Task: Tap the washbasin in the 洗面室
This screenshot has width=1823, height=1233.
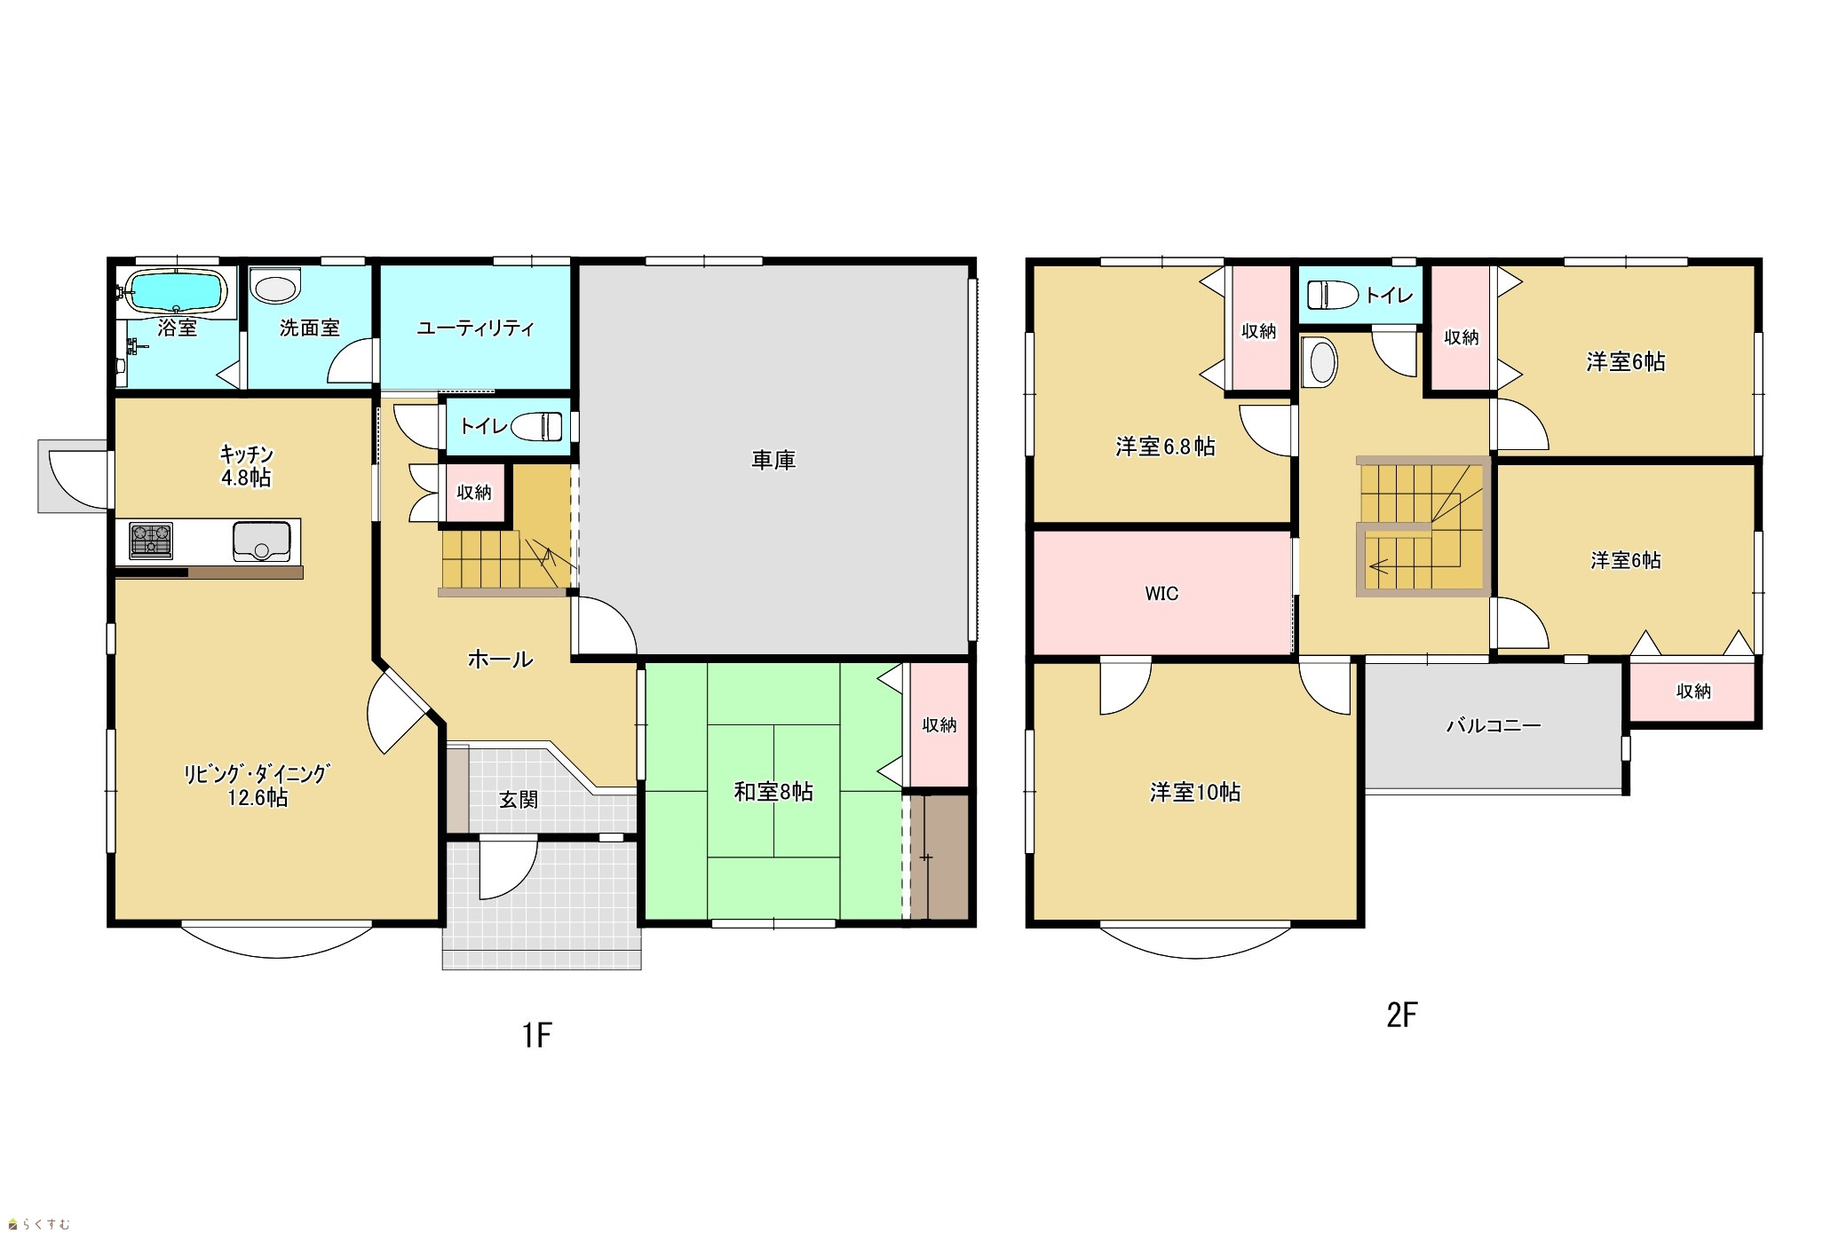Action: coord(275,288)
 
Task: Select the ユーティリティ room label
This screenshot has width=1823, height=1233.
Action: coord(475,328)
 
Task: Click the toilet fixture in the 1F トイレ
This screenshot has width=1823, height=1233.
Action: coord(536,427)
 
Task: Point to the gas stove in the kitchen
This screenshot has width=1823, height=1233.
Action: coord(151,541)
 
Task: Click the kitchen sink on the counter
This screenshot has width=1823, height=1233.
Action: coord(261,541)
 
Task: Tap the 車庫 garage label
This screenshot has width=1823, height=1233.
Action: coord(773,460)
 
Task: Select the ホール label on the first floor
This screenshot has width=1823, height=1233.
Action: coord(500,659)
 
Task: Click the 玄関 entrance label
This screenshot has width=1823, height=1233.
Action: coord(519,800)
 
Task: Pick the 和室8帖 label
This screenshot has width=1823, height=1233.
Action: coord(773,792)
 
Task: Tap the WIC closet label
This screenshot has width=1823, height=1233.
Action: coord(1161,593)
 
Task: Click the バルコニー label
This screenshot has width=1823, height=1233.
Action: coord(1494,725)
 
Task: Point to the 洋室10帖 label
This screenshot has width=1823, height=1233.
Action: coord(1195,792)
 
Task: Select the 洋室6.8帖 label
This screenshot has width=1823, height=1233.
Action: coord(1165,447)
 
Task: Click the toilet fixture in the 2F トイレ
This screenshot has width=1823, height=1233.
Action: coord(1333,295)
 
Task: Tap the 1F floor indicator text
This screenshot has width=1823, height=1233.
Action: coord(537,1035)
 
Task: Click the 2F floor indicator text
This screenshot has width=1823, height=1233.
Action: coord(1402,1015)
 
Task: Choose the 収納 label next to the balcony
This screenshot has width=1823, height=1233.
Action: coord(1693,691)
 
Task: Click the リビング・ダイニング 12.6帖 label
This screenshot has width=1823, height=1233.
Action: coord(257,786)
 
